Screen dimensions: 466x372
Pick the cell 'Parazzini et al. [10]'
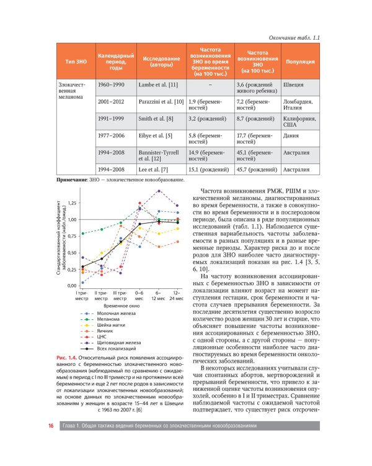(161, 101)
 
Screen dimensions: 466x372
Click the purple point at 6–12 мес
(159, 191)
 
